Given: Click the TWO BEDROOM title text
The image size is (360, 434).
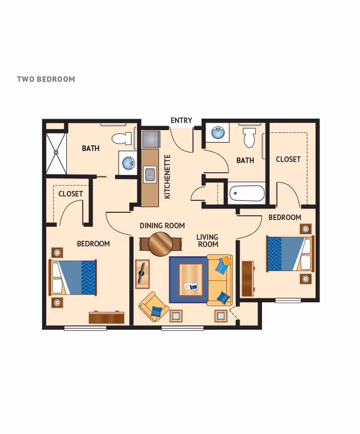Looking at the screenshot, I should coord(46,79).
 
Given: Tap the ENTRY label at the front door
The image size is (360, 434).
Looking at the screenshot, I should coord(181,120).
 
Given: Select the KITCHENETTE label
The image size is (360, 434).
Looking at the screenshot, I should coord(168,177).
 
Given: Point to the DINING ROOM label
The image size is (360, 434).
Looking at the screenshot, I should coord(162,226).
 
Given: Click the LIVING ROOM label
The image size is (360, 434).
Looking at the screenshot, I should coord(207,240).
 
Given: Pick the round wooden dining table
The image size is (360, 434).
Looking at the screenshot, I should coord(161,244).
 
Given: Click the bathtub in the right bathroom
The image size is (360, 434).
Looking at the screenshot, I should coord(246,194).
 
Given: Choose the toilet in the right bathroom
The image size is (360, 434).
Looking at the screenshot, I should coord(249,137).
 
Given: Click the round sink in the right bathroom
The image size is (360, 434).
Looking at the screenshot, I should coord(217,133).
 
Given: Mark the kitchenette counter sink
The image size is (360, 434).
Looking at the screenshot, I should coord(150,175).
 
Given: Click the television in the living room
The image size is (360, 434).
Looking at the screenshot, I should coord(142,274).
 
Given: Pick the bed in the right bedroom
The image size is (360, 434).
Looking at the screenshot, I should coord(288,253).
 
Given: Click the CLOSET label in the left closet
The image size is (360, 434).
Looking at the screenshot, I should coord(70,194).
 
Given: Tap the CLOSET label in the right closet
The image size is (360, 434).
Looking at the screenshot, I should coord(288,159).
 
